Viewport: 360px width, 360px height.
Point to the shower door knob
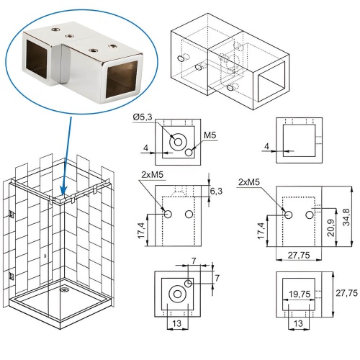coord(45,256)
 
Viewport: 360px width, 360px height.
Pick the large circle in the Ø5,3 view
coord(176,143)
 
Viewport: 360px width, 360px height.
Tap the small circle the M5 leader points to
coord(189,152)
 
